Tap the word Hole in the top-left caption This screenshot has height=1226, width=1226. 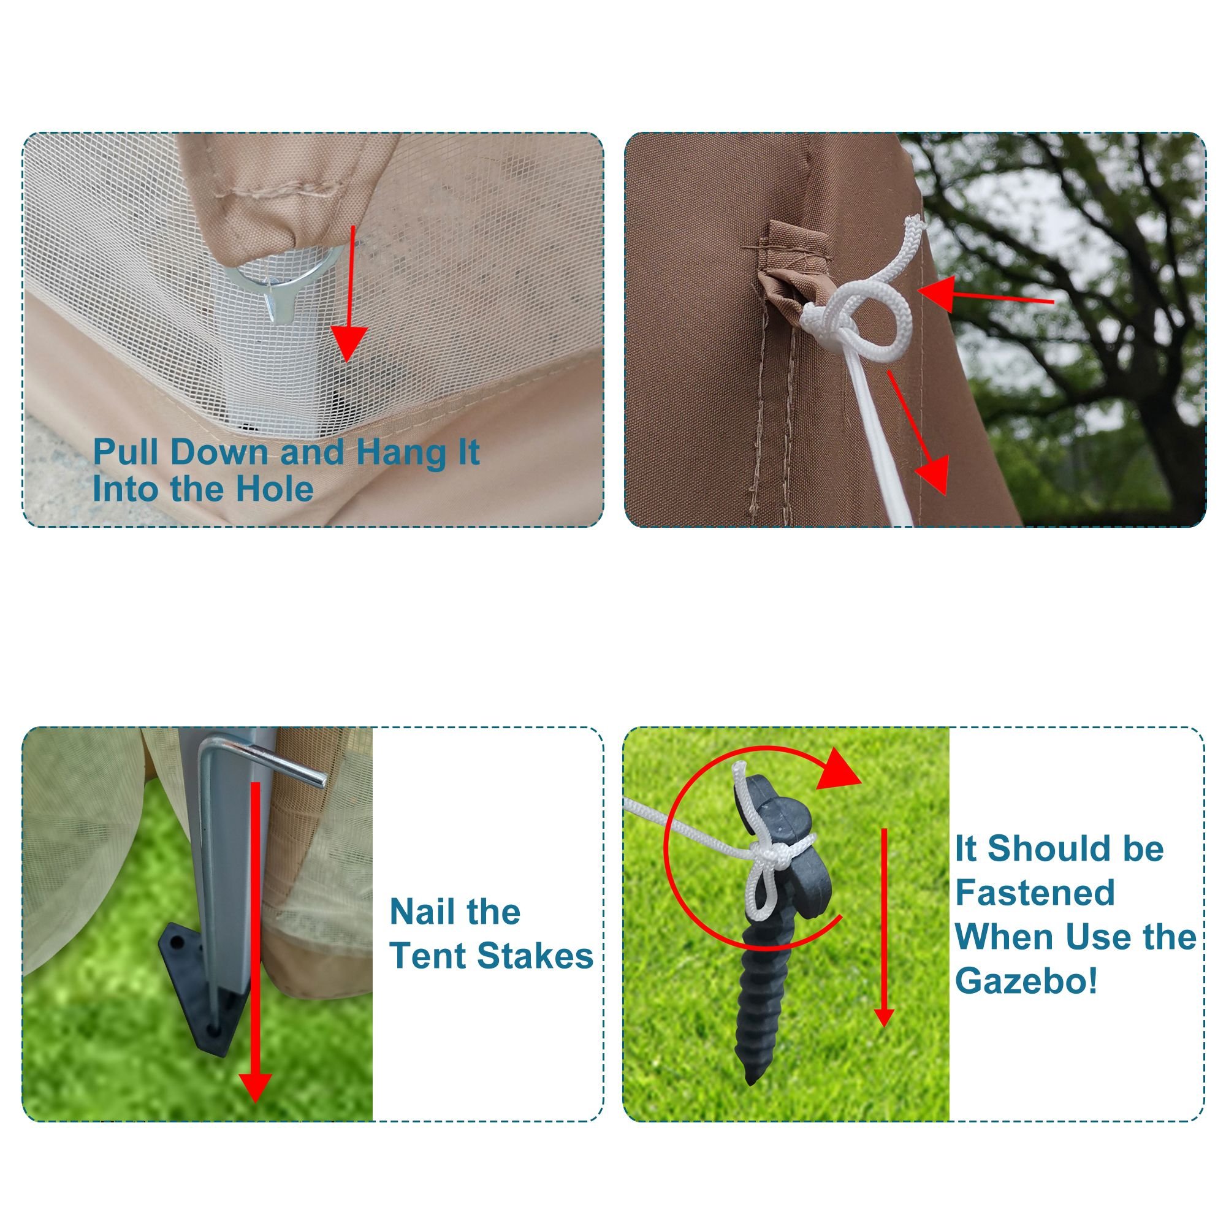(x=274, y=489)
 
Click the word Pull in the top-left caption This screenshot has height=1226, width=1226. (x=127, y=452)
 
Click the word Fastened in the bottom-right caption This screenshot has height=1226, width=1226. (x=1034, y=893)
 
